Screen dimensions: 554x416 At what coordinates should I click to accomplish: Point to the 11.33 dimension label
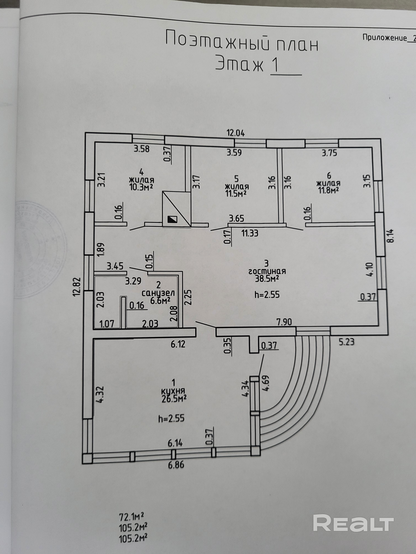click(250, 233)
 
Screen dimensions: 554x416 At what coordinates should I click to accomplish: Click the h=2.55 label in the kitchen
click(172, 418)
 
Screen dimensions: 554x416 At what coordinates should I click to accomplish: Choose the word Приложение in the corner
click(384, 38)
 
